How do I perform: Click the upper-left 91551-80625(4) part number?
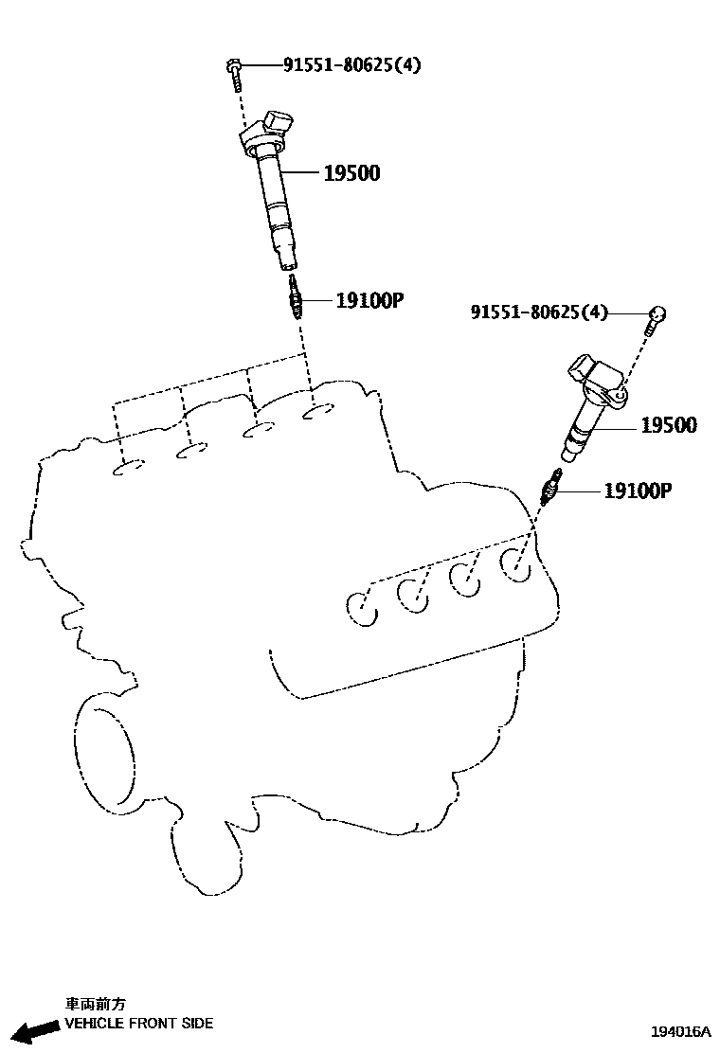(x=351, y=65)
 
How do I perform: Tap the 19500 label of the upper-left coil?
(x=351, y=173)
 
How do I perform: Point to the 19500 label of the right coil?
(x=668, y=426)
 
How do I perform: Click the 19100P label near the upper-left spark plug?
(x=370, y=301)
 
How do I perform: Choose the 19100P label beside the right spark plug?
(x=638, y=491)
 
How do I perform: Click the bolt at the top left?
(x=232, y=70)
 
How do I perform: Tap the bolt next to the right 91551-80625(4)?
(x=656, y=318)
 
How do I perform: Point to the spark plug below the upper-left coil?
(x=295, y=297)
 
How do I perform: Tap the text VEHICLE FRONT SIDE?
(x=138, y=1023)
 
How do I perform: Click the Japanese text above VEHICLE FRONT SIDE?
(x=95, y=1004)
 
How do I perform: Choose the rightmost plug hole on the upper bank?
(x=318, y=413)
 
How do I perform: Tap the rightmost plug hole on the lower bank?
(x=514, y=563)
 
